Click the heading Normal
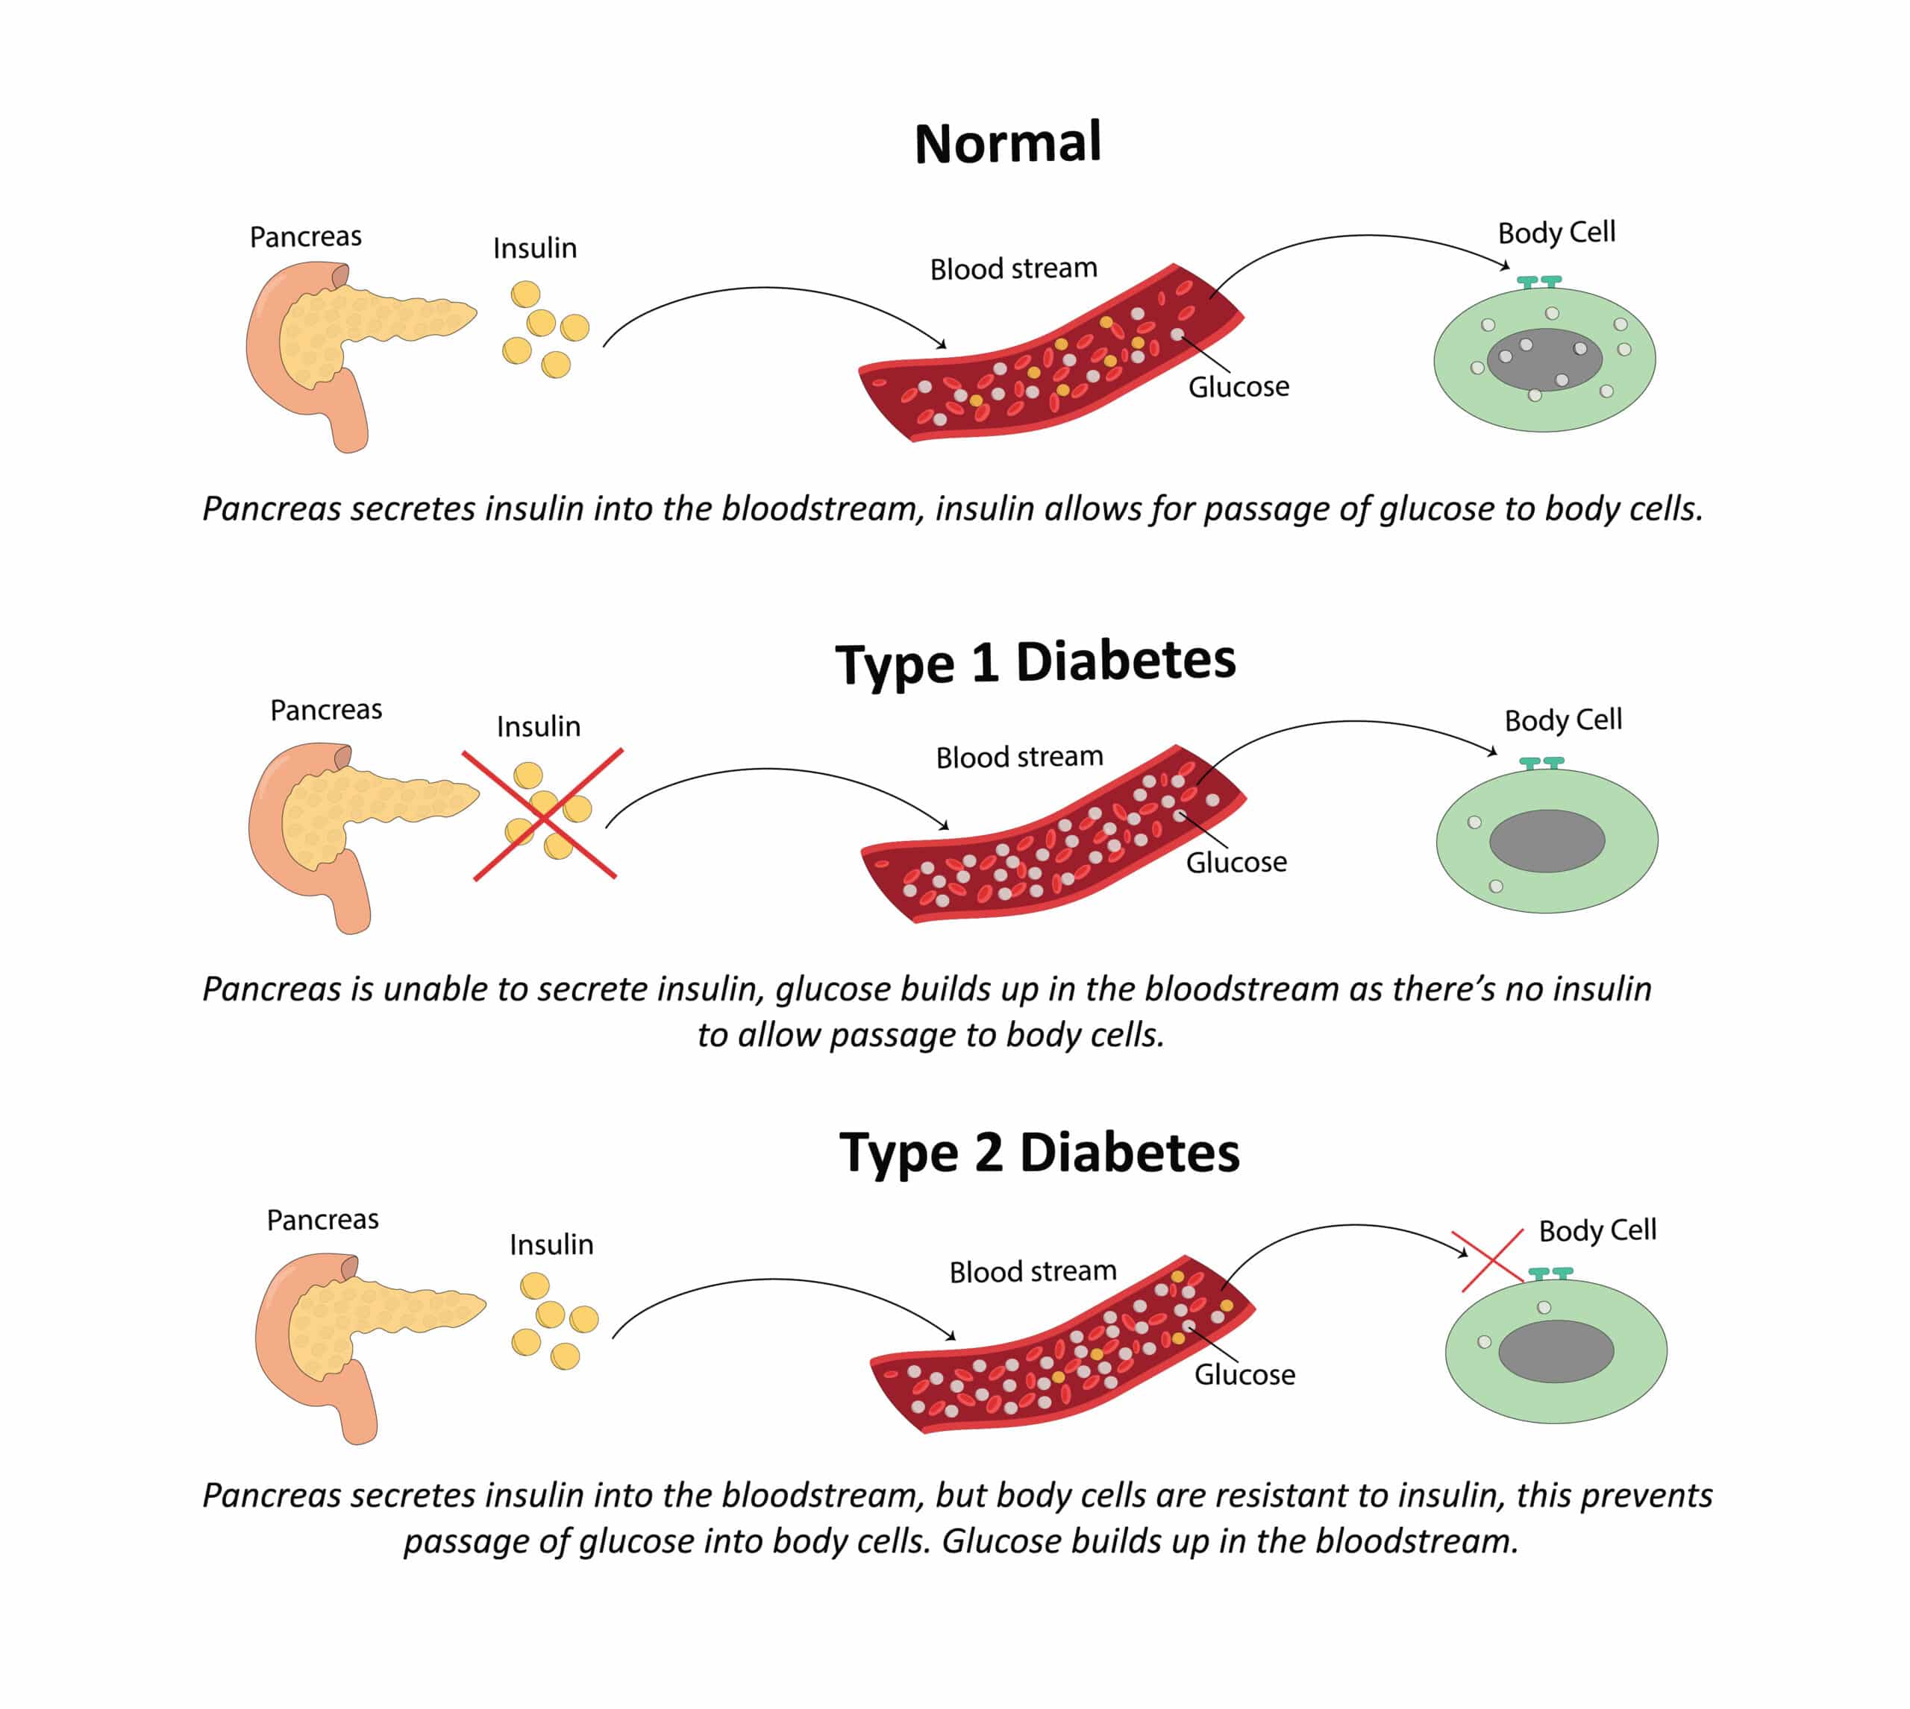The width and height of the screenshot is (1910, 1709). pos(1007,144)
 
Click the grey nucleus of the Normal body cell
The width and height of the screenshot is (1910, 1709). pos(1544,359)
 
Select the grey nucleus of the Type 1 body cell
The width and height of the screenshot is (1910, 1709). pos(1547,840)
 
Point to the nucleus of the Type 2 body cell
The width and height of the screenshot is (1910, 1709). pos(1556,1351)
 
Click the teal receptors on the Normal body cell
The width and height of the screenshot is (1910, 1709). pos(1539,281)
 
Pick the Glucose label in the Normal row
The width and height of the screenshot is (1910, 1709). pos(1239,387)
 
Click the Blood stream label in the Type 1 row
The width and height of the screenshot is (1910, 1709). pos(1019,757)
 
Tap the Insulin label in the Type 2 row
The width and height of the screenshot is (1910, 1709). pos(551,1245)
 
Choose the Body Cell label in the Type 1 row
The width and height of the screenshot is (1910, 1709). pos(1563,720)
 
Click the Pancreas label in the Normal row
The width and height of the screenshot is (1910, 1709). pos(305,236)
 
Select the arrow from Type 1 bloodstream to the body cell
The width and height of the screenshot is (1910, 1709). pos(1353,724)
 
